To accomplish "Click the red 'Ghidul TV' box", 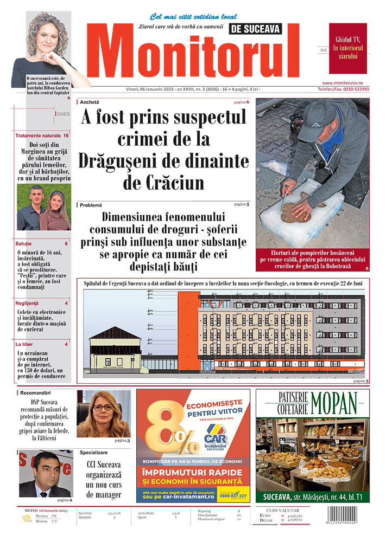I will click(x=347, y=48).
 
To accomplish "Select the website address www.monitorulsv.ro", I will click(x=349, y=82).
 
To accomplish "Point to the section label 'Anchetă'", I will click(x=90, y=102).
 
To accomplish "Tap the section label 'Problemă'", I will click(x=91, y=205).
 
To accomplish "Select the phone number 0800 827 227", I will click(x=235, y=496).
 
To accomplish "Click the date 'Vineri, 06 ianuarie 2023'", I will click(x=140, y=89).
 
